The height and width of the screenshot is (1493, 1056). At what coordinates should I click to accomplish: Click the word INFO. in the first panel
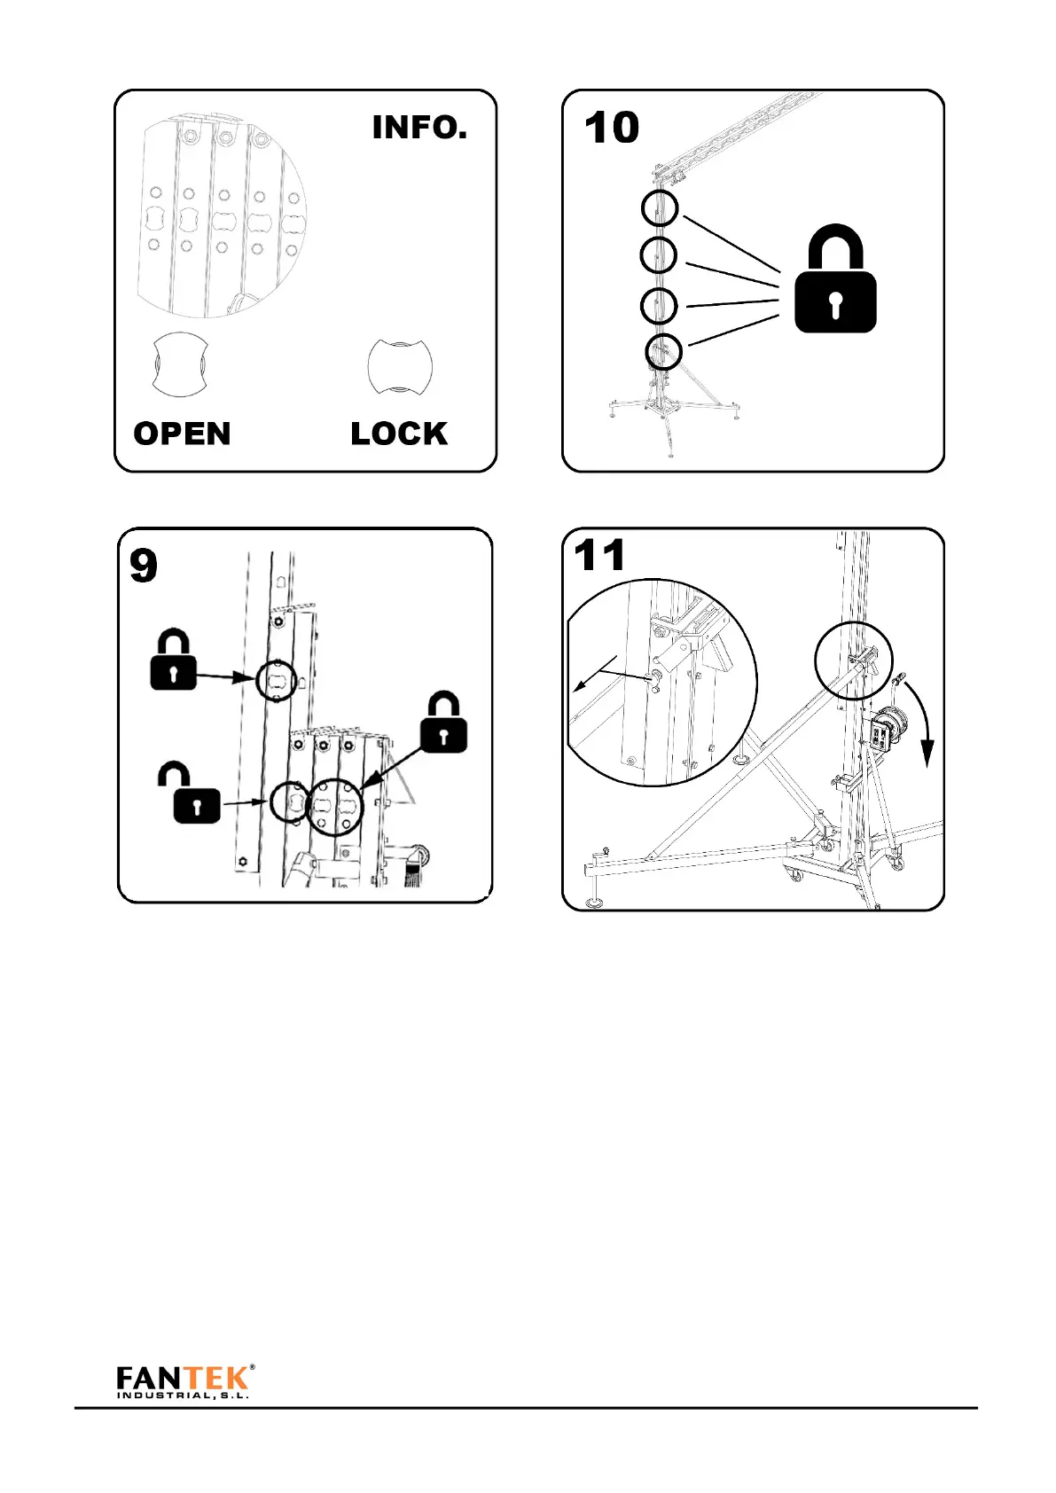point(418,128)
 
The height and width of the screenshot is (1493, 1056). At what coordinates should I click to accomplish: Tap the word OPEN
point(182,434)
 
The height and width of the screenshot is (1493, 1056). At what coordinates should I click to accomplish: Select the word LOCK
point(399,434)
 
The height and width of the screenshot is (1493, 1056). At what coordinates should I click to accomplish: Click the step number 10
point(612,128)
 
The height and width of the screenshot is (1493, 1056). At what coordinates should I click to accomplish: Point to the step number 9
point(144,566)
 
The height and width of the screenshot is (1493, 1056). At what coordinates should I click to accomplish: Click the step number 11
point(599,556)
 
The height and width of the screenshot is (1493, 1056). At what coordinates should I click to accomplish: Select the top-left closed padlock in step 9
point(173,660)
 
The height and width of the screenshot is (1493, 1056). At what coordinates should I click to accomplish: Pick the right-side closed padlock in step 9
point(443,723)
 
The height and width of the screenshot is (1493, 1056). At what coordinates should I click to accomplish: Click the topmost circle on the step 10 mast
point(660,208)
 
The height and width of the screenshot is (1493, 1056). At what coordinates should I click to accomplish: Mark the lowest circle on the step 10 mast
point(663,352)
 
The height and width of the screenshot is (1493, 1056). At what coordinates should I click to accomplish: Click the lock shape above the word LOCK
point(400,364)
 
